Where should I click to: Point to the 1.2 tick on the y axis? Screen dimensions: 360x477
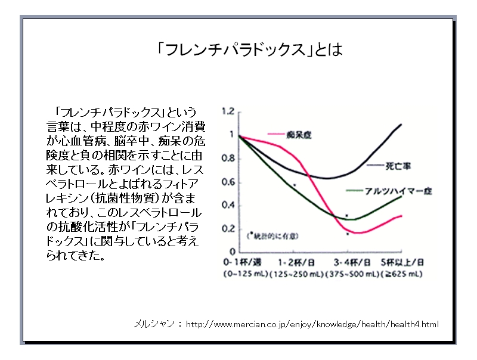[227, 111]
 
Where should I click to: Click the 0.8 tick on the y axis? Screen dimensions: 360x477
[228, 159]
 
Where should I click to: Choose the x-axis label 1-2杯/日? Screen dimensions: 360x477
[293, 262]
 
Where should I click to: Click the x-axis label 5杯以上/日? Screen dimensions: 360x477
[402, 262]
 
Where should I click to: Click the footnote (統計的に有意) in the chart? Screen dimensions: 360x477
[270, 235]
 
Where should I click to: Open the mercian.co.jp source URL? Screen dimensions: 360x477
[312, 325]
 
